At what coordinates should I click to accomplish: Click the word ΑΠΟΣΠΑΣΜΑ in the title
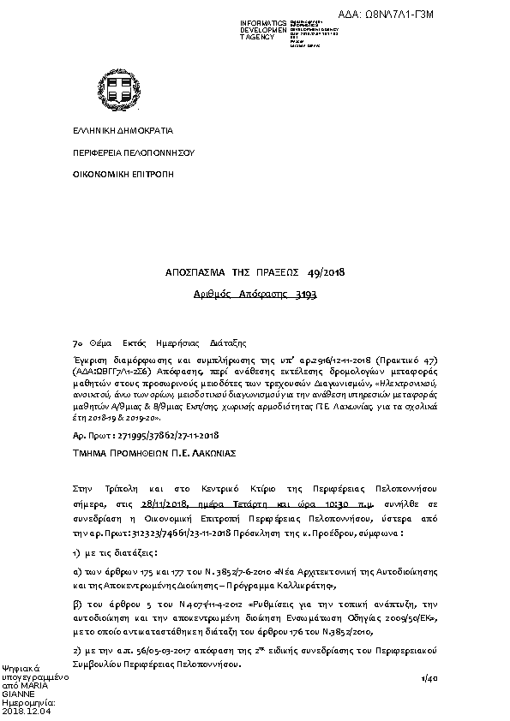[x=195, y=272]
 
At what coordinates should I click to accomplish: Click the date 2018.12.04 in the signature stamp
[x=27, y=711]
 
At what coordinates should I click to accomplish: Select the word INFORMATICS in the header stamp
[x=263, y=23]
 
